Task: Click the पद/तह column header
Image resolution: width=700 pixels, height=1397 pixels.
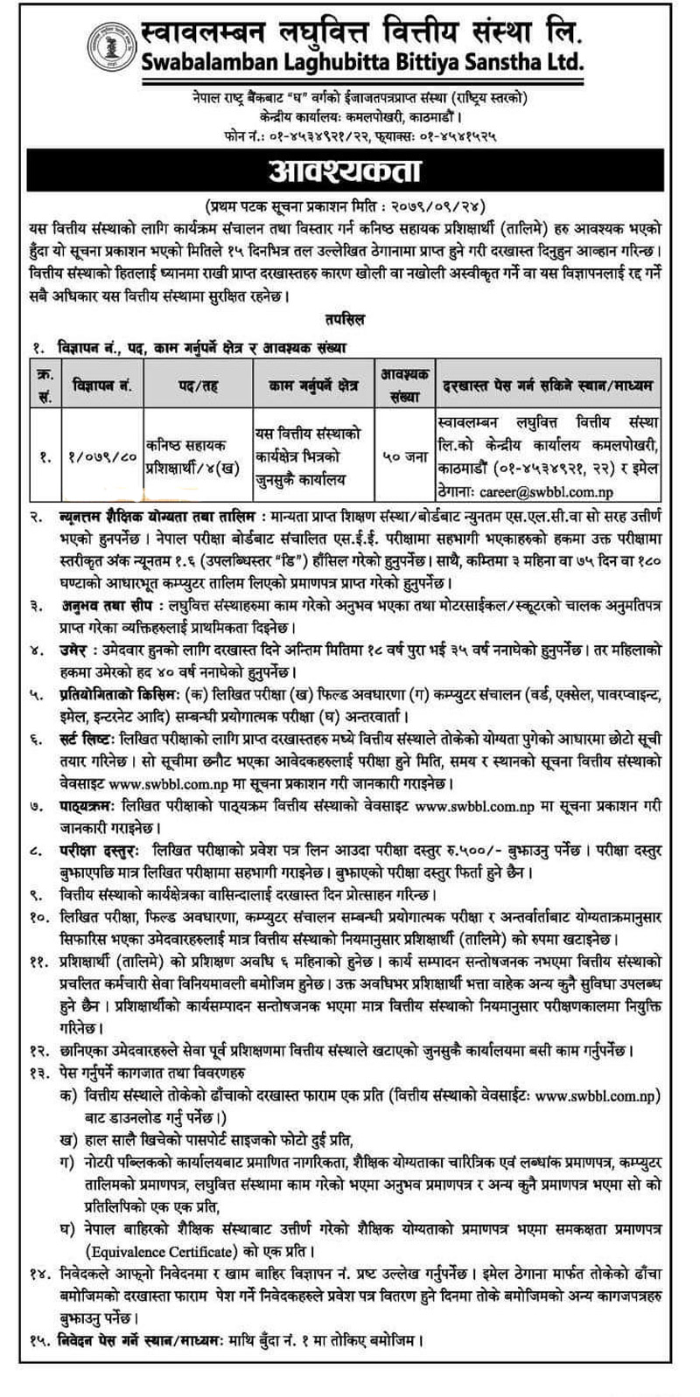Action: pos(199,385)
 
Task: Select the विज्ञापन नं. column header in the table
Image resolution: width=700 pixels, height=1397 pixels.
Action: pos(103,385)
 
